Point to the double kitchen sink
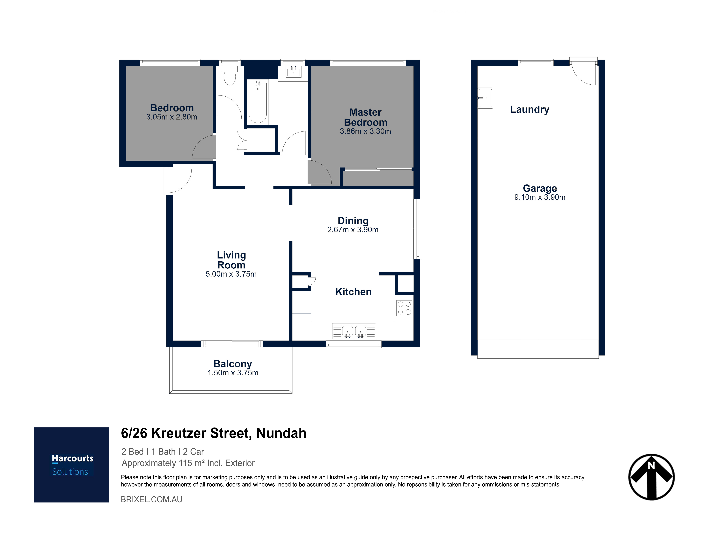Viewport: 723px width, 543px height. tap(354, 331)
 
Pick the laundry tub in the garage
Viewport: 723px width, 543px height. tap(485, 98)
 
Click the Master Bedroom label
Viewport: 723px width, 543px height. tap(365, 117)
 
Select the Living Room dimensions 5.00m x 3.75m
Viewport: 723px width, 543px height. tap(231, 274)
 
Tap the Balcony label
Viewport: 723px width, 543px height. tap(233, 364)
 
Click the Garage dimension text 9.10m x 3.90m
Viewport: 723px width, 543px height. tap(540, 197)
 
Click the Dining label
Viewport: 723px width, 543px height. tap(353, 221)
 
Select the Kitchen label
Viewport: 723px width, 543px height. tap(353, 292)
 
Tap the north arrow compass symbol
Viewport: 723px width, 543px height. tap(651, 477)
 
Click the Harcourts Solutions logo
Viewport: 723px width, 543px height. tap(72, 465)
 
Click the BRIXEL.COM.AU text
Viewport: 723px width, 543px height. tap(151, 499)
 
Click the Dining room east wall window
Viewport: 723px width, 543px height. tap(417, 229)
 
